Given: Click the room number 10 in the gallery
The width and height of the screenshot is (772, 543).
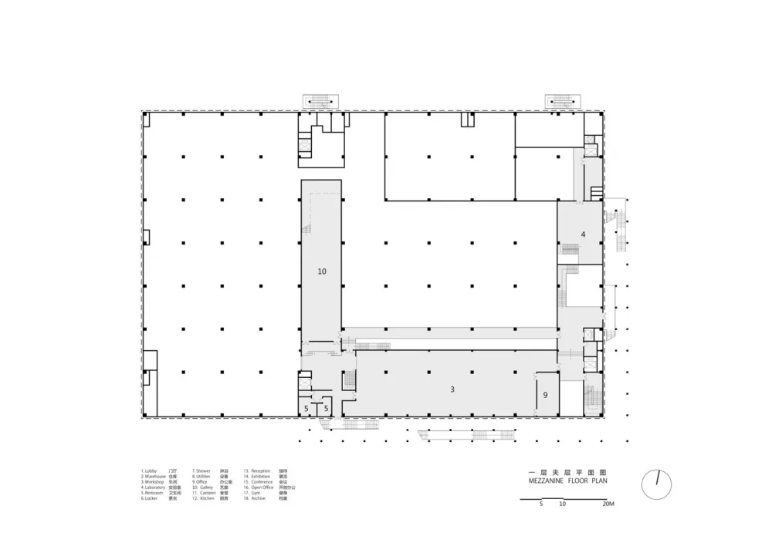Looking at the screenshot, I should click(322, 271).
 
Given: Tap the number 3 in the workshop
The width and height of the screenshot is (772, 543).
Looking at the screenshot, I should click(452, 390).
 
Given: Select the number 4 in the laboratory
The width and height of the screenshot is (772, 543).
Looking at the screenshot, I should click(584, 234).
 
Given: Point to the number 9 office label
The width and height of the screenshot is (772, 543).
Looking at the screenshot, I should click(545, 395).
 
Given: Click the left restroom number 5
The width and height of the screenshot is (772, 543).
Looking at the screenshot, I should click(306, 408).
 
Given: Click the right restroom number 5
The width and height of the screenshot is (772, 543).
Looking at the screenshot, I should click(327, 408).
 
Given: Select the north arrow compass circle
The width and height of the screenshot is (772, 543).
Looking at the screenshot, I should click(657, 484).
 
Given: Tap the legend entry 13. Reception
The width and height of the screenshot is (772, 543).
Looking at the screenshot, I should click(258, 470).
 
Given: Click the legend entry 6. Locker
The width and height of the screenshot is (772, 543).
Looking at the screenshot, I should click(150, 499).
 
